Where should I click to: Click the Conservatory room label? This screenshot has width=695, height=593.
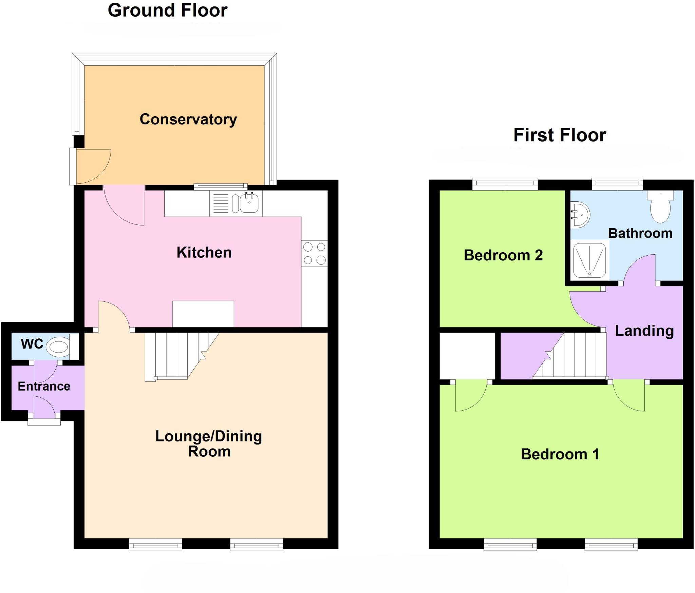point(188,119)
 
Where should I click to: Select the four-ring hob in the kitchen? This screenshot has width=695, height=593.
point(314,253)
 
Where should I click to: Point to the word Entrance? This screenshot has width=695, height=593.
point(44,386)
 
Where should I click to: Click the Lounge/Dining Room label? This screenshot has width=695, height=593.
point(209,443)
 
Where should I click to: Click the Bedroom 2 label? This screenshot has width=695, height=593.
point(503,255)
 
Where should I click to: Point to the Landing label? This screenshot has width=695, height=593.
point(644,331)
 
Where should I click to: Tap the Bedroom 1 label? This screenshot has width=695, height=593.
point(560,454)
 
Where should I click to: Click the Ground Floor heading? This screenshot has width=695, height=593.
point(167,10)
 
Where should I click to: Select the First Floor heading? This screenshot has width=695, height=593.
point(560,135)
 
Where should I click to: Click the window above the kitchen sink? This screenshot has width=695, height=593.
point(221,186)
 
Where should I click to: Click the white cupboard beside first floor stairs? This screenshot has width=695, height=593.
point(467,356)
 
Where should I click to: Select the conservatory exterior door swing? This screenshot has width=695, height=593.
point(92,166)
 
